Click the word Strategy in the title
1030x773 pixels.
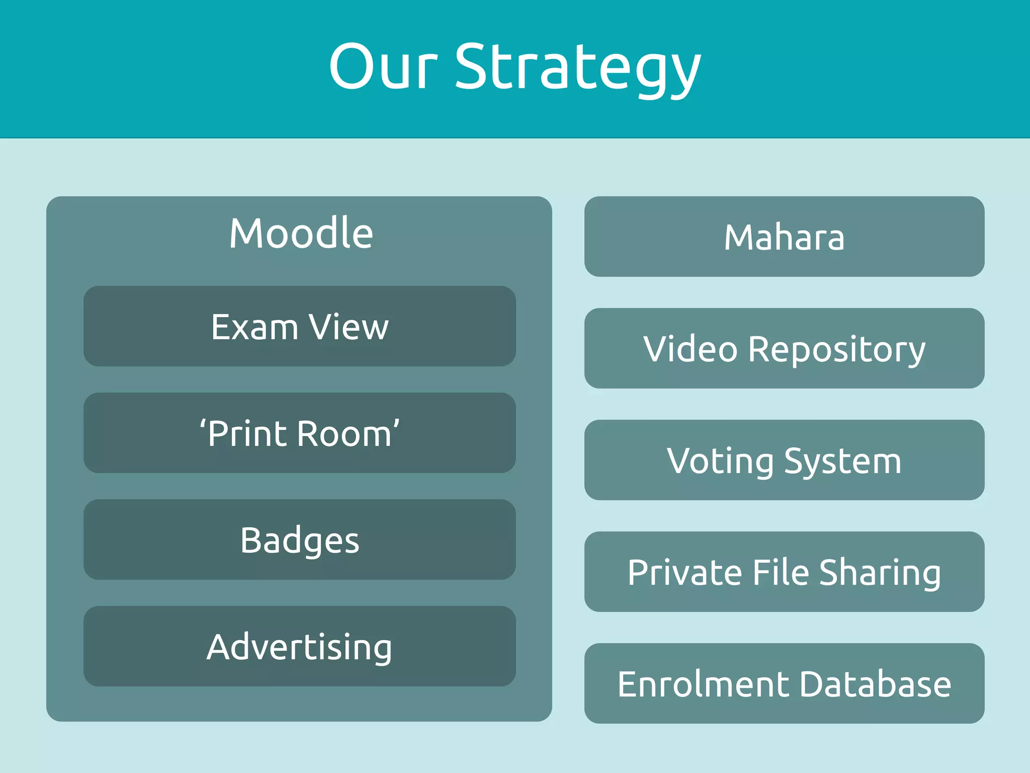pos(577,68)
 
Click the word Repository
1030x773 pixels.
pos(836,349)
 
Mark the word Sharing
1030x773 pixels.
pos(880,573)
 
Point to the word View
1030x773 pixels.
pos(349,327)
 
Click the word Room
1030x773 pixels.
pos(345,434)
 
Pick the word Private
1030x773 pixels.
pos(684,573)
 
